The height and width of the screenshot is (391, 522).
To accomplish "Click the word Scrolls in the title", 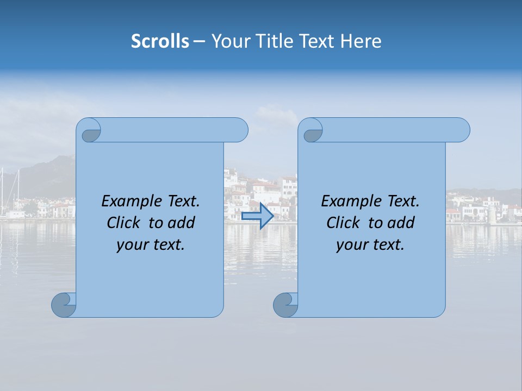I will point(160,41).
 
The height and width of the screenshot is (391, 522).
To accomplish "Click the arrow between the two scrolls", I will point(257,216).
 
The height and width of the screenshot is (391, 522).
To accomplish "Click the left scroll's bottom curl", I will point(64,305).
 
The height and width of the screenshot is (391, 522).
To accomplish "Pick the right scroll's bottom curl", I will point(285,305).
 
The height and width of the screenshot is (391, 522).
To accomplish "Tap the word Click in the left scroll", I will point(124,223).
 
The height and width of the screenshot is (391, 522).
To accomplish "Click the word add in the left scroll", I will point(182,223).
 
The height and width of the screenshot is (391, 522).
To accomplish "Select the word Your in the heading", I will point(229,41).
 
